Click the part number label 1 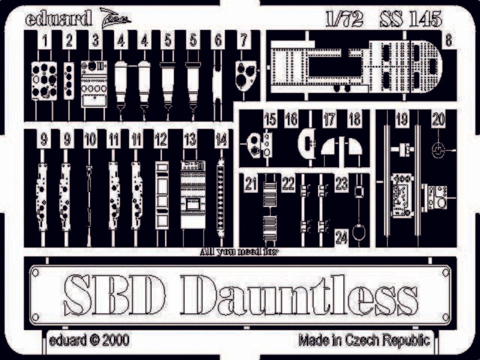pos(45,42)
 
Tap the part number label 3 pos(96,42)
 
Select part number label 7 pos(244,42)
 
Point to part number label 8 pos(448,42)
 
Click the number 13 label pos(190,140)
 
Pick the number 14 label pos(221,140)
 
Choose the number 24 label pos(341,237)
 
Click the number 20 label pos(438,120)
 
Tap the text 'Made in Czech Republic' pos(364,340)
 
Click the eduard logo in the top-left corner pos(59,20)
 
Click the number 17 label pos(329,120)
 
